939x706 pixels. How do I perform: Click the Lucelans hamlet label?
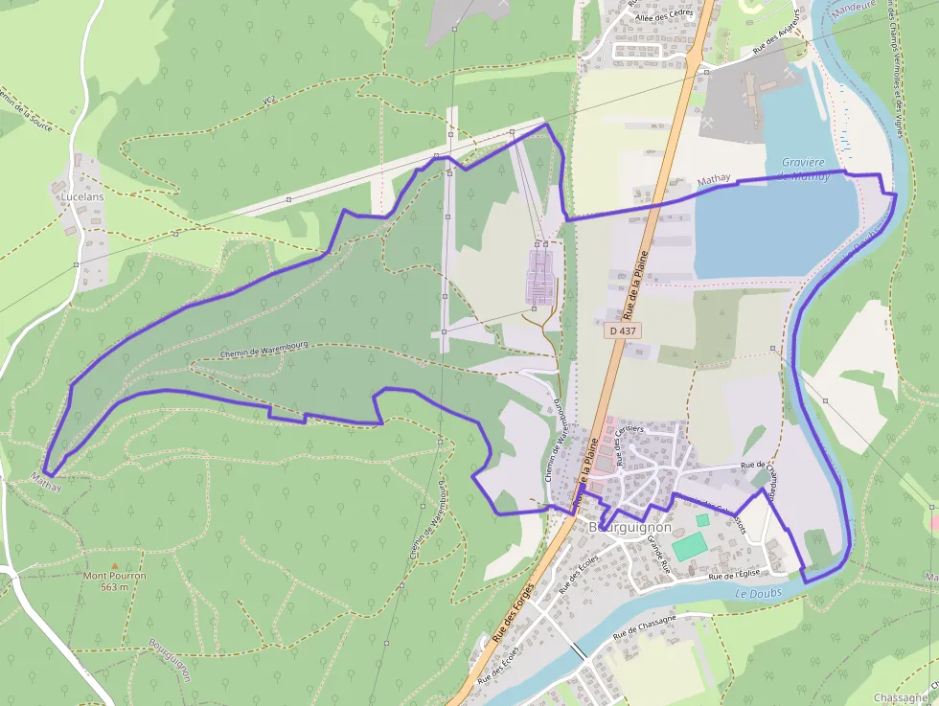pos(81,195)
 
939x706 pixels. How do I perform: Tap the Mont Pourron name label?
pos(114,576)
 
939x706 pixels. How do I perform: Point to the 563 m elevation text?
pos(113,586)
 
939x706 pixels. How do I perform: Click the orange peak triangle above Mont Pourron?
pos(114,565)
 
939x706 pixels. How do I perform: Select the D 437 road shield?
pos(623,330)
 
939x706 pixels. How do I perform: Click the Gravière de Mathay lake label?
pos(803,169)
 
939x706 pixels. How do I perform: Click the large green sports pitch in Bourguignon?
pos(687,547)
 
